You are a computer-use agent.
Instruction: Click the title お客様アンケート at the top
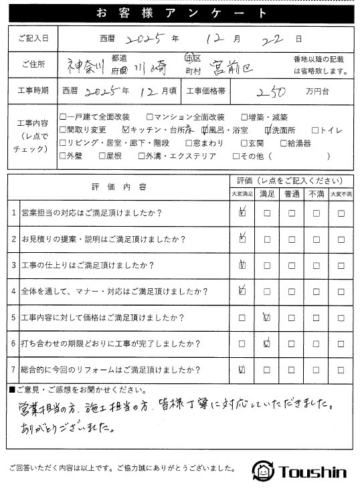[x=180, y=13]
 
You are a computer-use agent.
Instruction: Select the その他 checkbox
[x=236, y=157]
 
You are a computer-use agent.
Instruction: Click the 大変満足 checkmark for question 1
[x=242, y=213]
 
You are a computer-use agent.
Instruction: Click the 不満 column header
[x=317, y=193]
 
